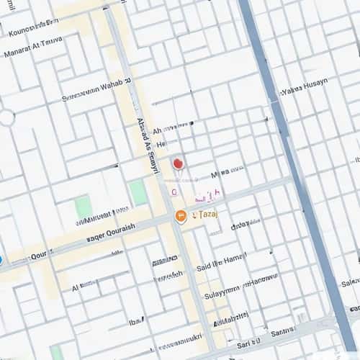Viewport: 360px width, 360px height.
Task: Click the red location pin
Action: [178, 165]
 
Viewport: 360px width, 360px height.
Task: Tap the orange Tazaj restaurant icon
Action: [181, 216]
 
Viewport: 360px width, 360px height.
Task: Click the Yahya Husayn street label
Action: [304, 86]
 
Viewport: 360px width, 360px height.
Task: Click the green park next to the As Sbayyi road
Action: [138, 193]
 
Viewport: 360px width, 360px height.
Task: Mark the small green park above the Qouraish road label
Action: [84, 207]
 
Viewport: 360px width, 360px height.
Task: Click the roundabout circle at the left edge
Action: [6, 117]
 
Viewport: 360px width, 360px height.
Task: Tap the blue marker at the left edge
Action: [1, 260]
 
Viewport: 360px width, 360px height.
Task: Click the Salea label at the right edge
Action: [351, 282]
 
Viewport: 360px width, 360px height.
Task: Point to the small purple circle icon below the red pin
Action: [174, 192]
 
